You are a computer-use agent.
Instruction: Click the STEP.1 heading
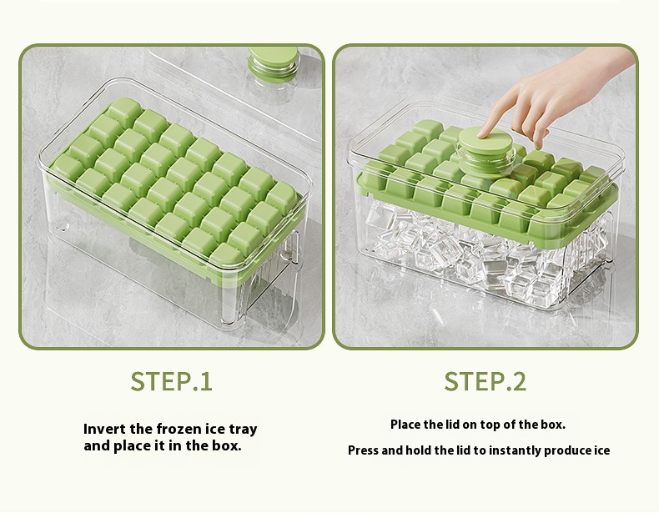pyautogui.click(x=171, y=381)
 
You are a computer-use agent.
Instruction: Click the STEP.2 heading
pyautogui.click(x=485, y=381)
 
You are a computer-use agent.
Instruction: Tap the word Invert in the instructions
pyautogui.click(x=104, y=430)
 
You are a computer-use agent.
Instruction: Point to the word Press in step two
pyautogui.click(x=363, y=450)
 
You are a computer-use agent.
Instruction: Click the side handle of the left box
pyautogui.click(x=295, y=241)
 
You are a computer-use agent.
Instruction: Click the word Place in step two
pyautogui.click(x=406, y=425)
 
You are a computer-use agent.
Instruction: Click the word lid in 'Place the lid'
pyautogui.click(x=454, y=425)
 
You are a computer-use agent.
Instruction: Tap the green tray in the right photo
pyautogui.click(x=501, y=209)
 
